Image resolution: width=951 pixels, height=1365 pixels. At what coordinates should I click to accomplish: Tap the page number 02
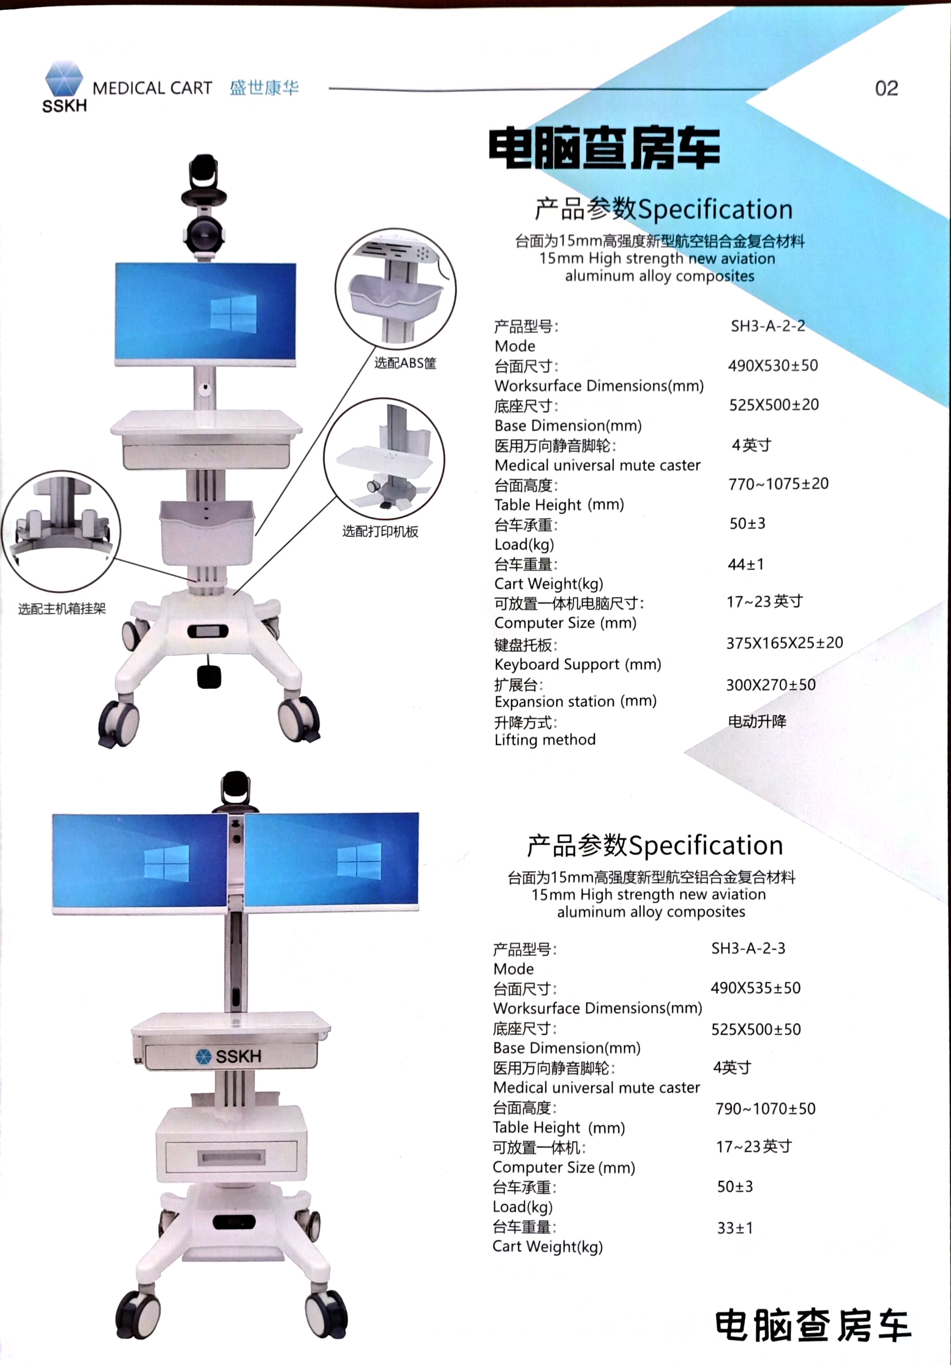click(x=886, y=88)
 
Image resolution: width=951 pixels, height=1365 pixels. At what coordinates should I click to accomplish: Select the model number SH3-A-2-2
click(x=768, y=326)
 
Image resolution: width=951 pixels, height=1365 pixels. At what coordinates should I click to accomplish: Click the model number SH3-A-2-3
click(x=748, y=948)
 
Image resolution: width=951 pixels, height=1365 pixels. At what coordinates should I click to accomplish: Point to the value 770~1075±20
click(x=779, y=484)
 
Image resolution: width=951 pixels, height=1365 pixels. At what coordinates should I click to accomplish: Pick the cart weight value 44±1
click(x=746, y=564)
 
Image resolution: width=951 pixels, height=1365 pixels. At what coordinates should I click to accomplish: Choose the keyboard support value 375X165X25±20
click(x=784, y=642)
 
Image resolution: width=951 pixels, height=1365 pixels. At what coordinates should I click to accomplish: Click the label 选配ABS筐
click(x=405, y=363)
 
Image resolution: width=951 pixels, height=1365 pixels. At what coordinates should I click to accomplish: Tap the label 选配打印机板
click(x=381, y=531)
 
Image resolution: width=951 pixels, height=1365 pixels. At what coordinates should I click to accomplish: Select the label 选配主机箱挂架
click(x=62, y=608)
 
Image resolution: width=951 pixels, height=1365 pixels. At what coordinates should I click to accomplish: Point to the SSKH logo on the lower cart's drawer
click(x=229, y=1056)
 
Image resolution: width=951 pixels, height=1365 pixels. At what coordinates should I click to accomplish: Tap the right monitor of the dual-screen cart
click(x=331, y=861)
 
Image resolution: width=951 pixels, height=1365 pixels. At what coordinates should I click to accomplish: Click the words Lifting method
click(x=545, y=740)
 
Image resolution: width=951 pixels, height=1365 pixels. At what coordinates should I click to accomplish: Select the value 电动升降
click(x=757, y=721)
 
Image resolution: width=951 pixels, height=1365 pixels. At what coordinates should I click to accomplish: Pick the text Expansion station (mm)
click(x=576, y=701)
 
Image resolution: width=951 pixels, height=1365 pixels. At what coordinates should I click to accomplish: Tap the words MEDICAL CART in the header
click(x=152, y=88)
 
